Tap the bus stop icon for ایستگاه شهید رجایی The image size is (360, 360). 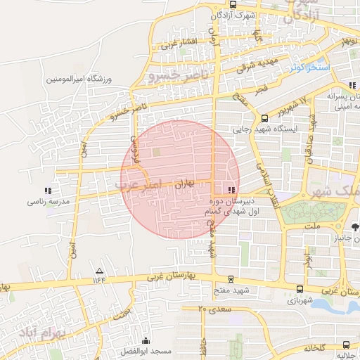[x=264, y=118]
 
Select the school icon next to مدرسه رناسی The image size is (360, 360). [x=48, y=190]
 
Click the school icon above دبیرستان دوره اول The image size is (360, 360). [x=232, y=189]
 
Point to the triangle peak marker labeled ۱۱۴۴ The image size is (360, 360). [x=99, y=271]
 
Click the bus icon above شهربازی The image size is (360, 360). [x=300, y=289]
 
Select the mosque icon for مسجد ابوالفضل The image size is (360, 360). [x=146, y=340]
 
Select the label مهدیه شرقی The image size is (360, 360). [x=257, y=65]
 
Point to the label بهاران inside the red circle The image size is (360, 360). [x=183, y=182]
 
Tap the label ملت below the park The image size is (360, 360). [x=314, y=226]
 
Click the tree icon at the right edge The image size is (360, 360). [x=355, y=226]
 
